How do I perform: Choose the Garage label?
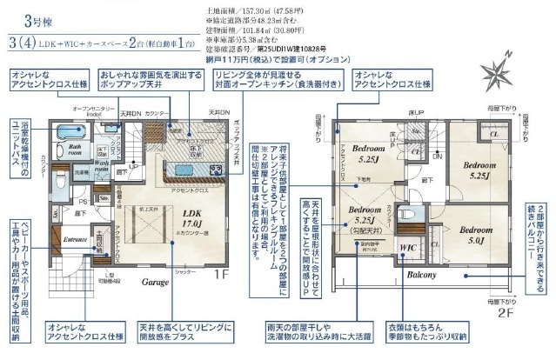(155, 283)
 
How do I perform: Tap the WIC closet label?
(408, 249)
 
